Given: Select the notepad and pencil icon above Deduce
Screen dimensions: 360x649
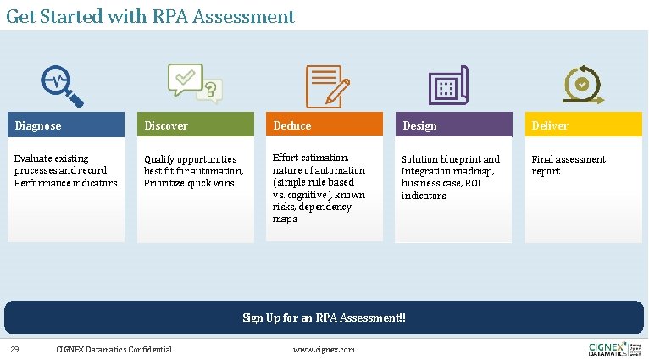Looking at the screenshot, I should pos(324,85).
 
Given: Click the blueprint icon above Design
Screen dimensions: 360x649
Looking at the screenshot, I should pos(448,85).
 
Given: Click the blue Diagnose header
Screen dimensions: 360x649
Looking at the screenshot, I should pos(66,125).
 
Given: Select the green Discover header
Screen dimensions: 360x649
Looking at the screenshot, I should pos(196,125).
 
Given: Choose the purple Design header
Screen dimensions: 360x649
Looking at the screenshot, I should pos(454,125).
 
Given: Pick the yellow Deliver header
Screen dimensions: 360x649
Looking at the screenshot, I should pos(584,125).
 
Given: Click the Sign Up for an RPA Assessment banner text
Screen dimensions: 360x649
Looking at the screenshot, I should pos(324,318).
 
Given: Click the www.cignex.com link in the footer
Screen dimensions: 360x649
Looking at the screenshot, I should pos(324,349).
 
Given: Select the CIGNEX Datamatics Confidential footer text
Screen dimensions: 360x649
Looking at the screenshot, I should pos(114,349).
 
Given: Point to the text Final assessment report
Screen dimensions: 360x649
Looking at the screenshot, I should pos(568,165).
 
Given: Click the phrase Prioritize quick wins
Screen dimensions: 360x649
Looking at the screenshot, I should pos(189,183).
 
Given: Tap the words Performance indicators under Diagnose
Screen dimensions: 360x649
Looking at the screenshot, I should pos(65,183).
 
